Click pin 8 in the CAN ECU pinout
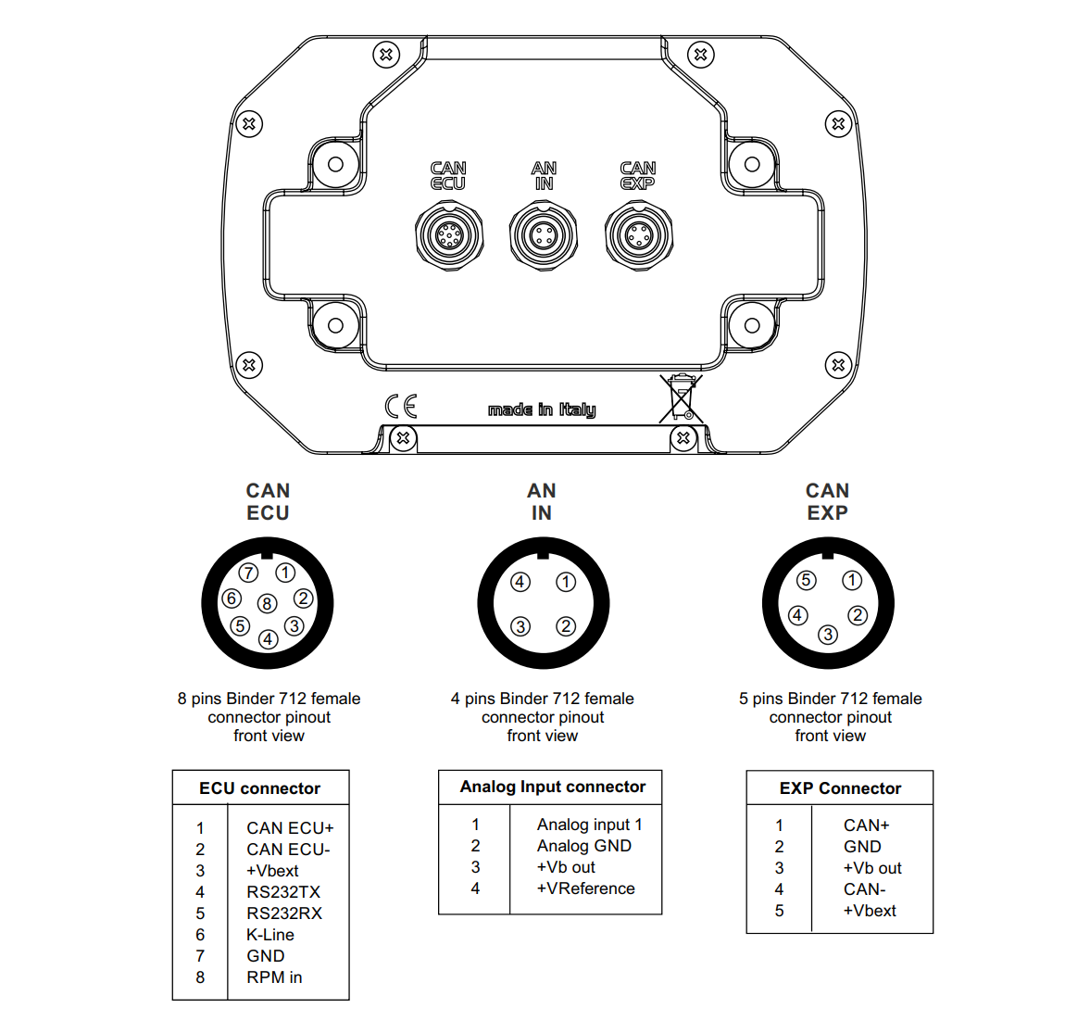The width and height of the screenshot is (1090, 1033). click(267, 604)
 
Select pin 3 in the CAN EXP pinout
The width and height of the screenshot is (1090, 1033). click(827, 635)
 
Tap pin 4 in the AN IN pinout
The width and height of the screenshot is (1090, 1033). click(520, 582)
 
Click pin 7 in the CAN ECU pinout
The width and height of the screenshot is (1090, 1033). click(248, 573)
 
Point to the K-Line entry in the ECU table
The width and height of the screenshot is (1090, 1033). click(269, 935)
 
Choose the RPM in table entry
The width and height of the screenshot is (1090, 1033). click(274, 977)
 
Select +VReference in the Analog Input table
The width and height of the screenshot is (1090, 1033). click(585, 888)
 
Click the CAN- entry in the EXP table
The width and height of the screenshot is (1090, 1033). click(864, 889)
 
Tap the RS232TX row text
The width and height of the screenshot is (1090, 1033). click(282, 892)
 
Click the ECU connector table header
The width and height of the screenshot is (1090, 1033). click(259, 788)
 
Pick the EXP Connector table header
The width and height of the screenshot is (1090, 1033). click(840, 788)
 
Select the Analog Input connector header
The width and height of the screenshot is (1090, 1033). click(552, 787)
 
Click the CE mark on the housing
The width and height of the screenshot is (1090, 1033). click(401, 406)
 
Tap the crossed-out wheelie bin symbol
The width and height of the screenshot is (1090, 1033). click(682, 398)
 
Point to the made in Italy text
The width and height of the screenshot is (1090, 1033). click(542, 409)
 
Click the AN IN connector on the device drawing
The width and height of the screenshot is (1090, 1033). click(544, 235)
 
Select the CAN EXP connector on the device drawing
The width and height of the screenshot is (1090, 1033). click(638, 235)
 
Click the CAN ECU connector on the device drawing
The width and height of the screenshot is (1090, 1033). click(448, 235)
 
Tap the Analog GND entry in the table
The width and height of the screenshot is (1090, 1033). click(583, 846)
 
